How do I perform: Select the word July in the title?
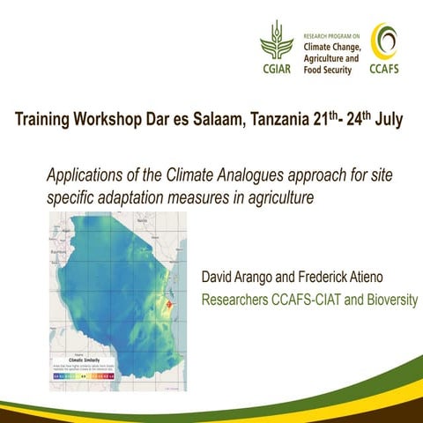tap(389, 119)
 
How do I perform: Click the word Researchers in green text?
tap(235, 301)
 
